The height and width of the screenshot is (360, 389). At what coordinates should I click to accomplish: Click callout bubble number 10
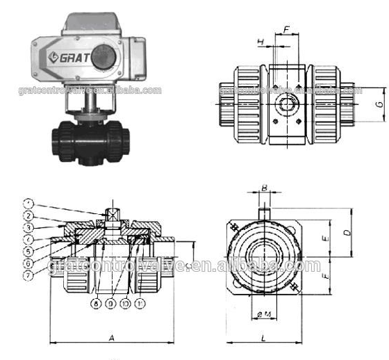pos(126,304)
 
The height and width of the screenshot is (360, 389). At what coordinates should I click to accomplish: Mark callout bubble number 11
pos(142,304)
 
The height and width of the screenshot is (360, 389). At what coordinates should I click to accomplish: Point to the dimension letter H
pos(261,42)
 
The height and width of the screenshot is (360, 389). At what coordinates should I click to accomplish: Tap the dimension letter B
pos(264,188)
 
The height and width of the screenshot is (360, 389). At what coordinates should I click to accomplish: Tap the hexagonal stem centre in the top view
pos(288,105)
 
